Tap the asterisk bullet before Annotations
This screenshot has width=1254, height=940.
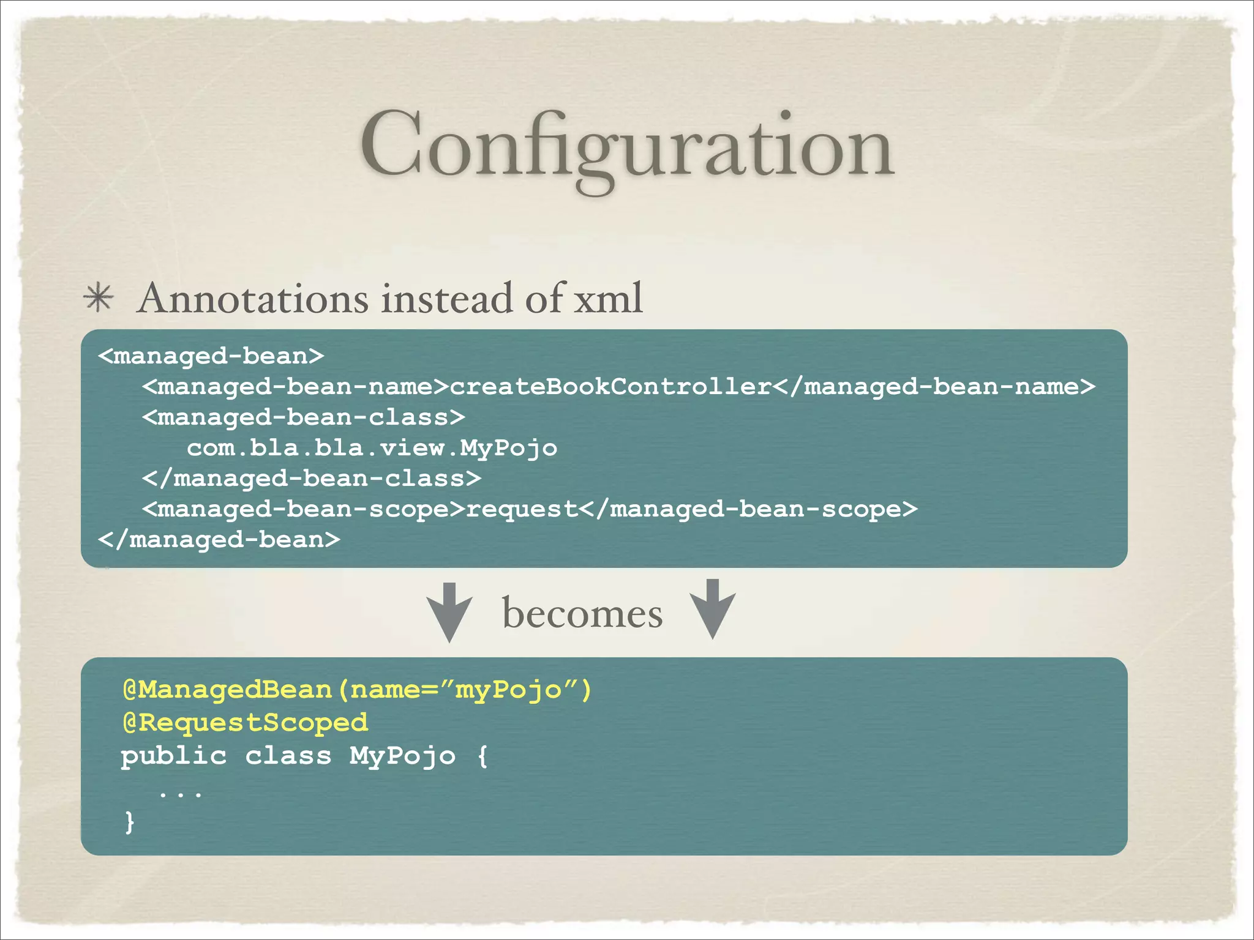click(99, 298)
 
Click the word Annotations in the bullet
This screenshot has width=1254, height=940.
click(253, 299)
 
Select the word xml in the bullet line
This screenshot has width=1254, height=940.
click(607, 299)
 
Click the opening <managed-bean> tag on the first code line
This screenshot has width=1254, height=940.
click(211, 356)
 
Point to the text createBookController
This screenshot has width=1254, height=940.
click(610, 387)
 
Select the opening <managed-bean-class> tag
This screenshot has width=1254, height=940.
click(304, 417)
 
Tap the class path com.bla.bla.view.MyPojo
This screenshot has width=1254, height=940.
click(372, 448)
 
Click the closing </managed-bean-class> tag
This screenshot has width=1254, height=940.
click(312, 479)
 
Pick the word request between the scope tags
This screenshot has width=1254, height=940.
click(522, 509)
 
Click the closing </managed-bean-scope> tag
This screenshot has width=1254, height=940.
click(748, 509)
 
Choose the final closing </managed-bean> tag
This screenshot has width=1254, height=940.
click(219, 540)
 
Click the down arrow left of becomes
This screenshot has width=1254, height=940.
click(449, 612)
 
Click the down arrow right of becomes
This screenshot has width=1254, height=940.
click(712, 610)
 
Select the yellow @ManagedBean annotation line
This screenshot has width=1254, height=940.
click(357, 690)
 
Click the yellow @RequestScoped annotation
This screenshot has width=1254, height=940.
click(246, 723)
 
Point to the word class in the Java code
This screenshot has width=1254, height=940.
click(288, 756)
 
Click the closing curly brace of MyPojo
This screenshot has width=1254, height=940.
click(129, 821)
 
